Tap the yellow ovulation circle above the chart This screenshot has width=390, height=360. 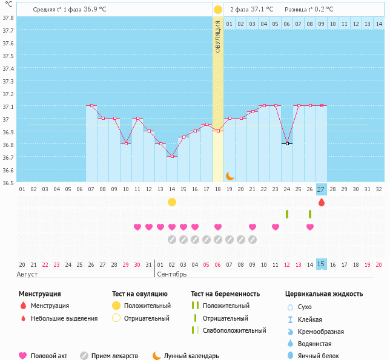click(x=218, y=10)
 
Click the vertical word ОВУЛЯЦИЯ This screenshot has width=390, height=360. click(x=218, y=37)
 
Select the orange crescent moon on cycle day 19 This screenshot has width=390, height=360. click(x=230, y=175)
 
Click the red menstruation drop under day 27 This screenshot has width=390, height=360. click(x=321, y=202)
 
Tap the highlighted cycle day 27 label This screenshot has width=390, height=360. click(x=321, y=189)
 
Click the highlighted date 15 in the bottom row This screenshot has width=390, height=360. click(x=321, y=264)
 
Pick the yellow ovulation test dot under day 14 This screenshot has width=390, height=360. click(x=172, y=202)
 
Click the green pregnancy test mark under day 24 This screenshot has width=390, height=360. click(x=287, y=214)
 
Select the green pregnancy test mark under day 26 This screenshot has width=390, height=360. click(x=310, y=214)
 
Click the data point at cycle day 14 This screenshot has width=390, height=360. click(x=172, y=156)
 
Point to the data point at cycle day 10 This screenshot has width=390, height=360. click(x=126, y=143)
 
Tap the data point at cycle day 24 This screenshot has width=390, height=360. click(x=287, y=143)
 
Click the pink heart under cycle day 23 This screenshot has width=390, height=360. click(x=276, y=227)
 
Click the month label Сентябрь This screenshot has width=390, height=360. click(x=172, y=274)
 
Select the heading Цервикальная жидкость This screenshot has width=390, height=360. click(x=324, y=294)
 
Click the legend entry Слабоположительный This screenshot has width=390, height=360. click(x=234, y=330)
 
